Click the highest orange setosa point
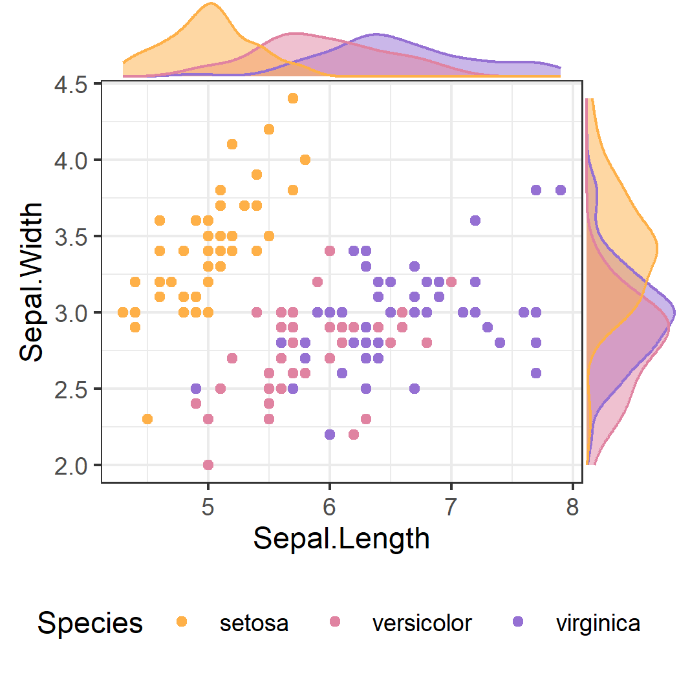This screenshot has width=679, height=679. pyautogui.click(x=293, y=98)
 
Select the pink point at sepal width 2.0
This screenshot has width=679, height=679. pyautogui.click(x=208, y=464)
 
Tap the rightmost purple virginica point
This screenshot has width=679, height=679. pyautogui.click(x=561, y=190)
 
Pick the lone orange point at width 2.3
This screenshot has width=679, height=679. pyautogui.click(x=147, y=419)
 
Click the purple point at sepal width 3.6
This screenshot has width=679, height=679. pyautogui.click(x=475, y=221)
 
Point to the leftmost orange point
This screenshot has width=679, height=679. pyautogui.click(x=123, y=312)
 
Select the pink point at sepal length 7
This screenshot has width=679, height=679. pyautogui.click(x=451, y=282)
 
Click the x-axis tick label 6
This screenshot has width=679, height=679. pyautogui.click(x=330, y=509)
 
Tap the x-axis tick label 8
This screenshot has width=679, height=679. pyautogui.click(x=572, y=509)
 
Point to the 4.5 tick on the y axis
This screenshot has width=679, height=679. pyautogui.click(x=76, y=84)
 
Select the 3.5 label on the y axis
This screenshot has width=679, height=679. pyautogui.click(x=76, y=237)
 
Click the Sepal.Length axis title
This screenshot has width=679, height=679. pyautogui.click(x=341, y=539)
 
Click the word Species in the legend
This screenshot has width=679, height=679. pyautogui.click(x=90, y=623)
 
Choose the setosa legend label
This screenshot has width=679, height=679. pyautogui.click(x=253, y=623)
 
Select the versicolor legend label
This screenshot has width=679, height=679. pyautogui.click(x=422, y=623)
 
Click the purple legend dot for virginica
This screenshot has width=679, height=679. pyautogui.click(x=517, y=621)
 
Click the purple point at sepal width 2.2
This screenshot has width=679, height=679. pyautogui.click(x=330, y=435)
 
